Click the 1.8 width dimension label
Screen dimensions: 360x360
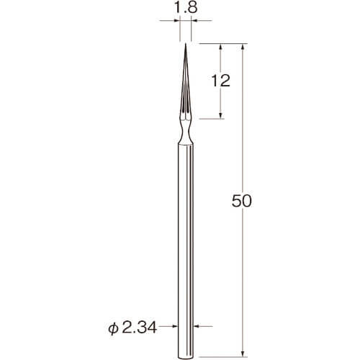click(x=185, y=8)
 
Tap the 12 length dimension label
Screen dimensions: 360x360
click(x=220, y=81)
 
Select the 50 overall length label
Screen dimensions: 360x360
click(x=242, y=201)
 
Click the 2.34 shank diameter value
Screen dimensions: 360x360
click(x=139, y=328)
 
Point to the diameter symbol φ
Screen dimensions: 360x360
click(x=113, y=328)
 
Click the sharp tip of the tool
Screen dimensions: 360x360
click(x=186, y=43)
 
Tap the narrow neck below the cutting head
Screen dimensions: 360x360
click(x=186, y=132)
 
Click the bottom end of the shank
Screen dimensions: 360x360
click(x=186, y=358)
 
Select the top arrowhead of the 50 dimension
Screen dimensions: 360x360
click(x=243, y=47)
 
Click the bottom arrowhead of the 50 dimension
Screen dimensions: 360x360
click(x=243, y=354)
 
